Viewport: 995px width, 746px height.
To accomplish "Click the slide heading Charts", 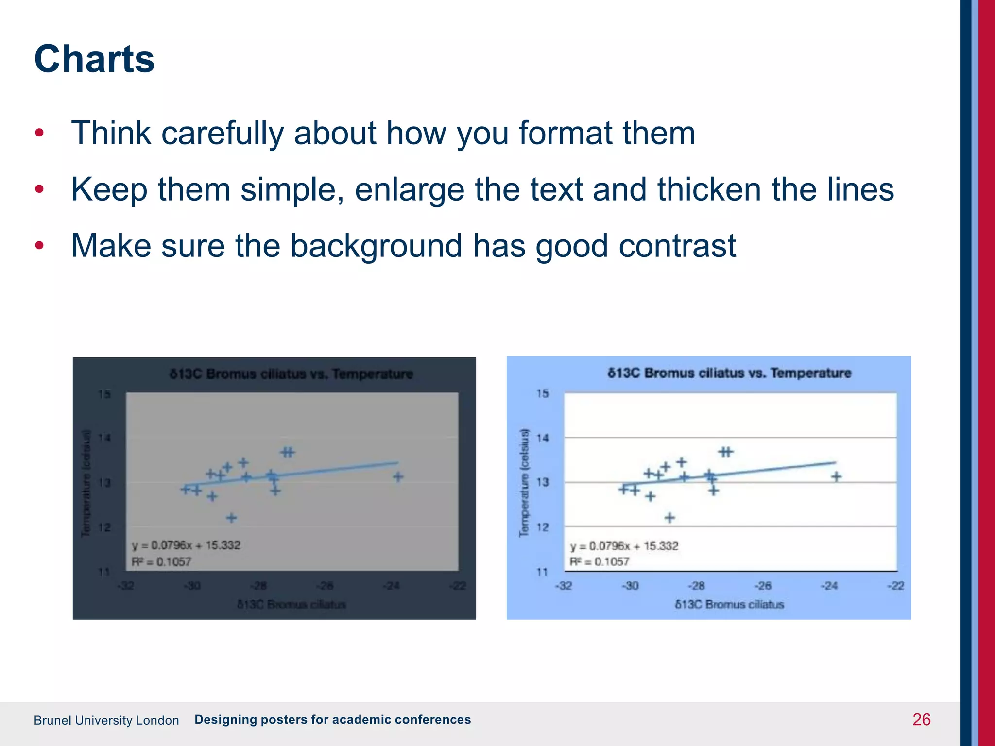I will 94,59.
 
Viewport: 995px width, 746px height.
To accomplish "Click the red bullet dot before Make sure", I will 39,245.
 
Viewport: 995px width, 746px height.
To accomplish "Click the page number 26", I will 921,719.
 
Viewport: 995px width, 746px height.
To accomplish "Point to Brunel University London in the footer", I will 106,720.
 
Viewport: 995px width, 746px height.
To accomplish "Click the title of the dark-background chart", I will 291,374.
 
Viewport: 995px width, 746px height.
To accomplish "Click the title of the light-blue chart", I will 729,373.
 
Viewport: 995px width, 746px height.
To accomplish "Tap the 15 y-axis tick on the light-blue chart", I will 542,393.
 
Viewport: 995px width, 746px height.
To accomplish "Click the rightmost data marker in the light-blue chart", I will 836,477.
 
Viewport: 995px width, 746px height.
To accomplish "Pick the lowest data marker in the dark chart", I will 231,518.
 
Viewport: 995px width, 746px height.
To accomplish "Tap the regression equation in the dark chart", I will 186,545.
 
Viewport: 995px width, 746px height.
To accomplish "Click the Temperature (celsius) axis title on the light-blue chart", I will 524,483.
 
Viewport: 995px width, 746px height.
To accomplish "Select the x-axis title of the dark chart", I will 292,605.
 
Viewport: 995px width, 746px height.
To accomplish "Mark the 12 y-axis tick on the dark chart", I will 105,527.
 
